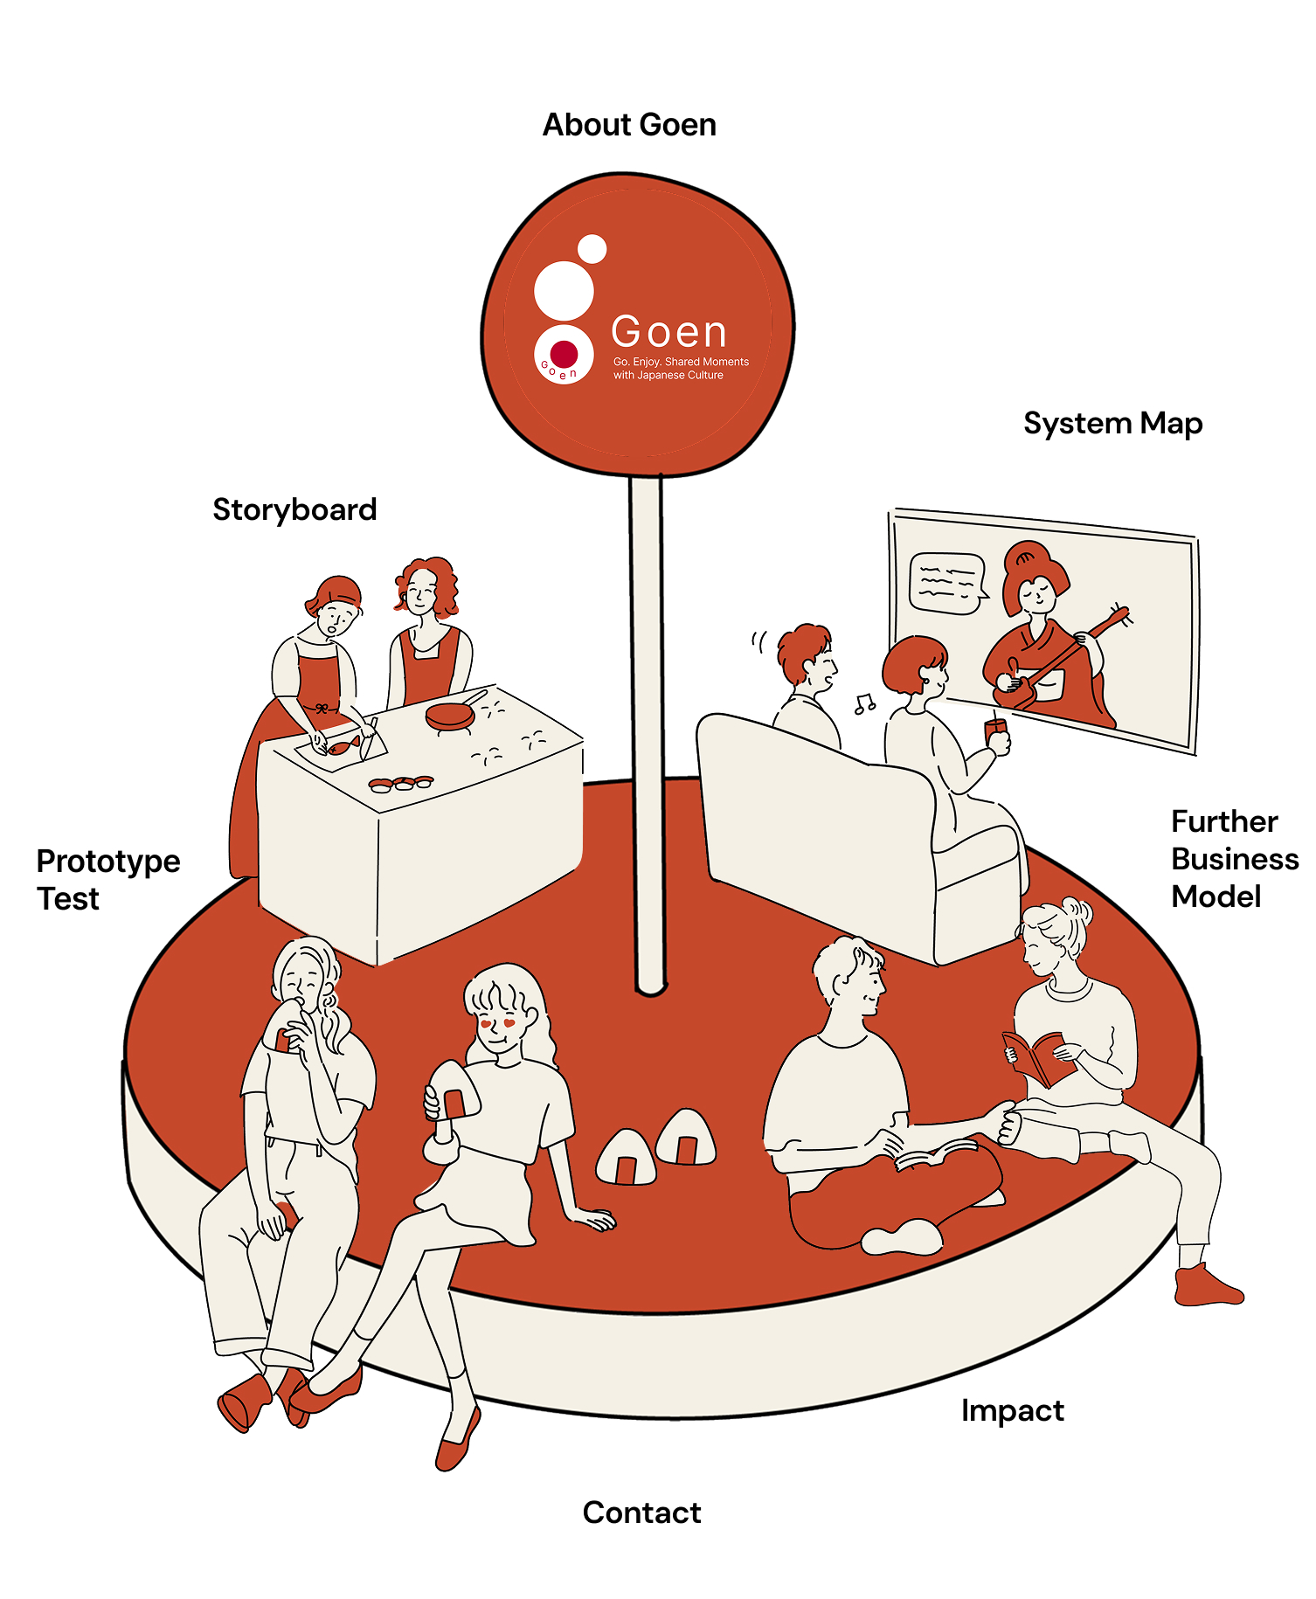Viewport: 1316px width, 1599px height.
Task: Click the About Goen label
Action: pos(629,125)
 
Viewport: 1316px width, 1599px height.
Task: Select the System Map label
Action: pos(1112,424)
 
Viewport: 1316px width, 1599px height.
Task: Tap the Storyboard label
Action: pos(294,509)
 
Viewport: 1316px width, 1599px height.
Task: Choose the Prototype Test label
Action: pos(107,880)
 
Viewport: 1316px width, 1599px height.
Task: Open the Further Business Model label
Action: pos(1234,859)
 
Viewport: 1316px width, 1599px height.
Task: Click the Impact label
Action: pos(1012,1410)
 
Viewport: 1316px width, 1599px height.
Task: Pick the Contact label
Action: pos(641,1512)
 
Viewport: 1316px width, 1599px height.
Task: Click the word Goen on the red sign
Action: pos(668,332)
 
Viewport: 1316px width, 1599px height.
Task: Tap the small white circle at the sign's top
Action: pos(592,249)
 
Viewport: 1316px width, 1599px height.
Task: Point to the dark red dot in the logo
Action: pos(564,354)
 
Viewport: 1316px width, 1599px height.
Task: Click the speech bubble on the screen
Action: pos(946,583)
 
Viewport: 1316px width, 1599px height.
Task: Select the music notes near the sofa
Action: pos(865,703)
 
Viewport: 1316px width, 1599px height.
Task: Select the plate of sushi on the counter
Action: pos(401,784)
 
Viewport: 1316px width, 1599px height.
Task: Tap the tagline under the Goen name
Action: pos(681,368)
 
